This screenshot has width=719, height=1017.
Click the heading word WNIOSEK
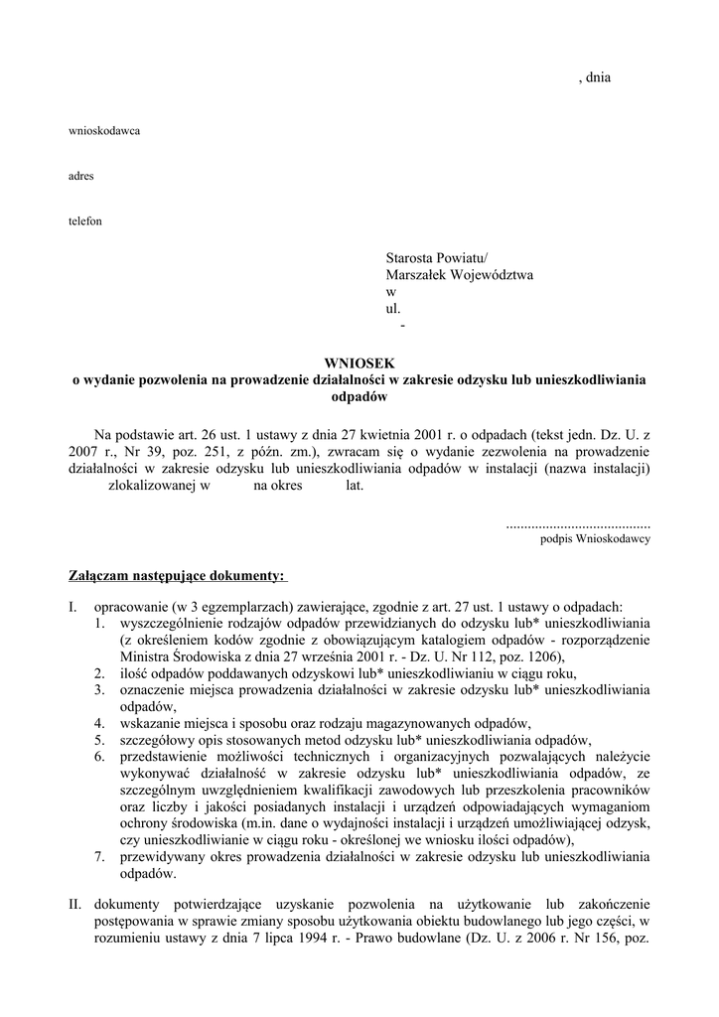coord(359,363)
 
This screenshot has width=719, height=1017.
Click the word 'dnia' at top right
coord(598,76)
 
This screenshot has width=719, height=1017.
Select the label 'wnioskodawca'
coord(103,131)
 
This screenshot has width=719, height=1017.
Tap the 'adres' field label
coord(80,176)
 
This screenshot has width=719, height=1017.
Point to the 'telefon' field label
coord(84,220)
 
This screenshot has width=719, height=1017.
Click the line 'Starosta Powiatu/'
coord(438,258)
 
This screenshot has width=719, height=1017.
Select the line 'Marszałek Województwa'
coord(460,275)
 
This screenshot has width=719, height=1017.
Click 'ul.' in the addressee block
coord(392,309)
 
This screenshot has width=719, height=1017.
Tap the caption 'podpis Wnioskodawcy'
coord(595,538)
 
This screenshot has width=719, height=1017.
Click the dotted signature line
coord(578,522)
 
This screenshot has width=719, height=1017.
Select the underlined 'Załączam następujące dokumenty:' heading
coord(177,576)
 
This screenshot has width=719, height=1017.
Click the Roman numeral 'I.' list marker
coord(73,606)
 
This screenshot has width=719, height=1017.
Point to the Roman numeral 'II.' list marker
coord(75,904)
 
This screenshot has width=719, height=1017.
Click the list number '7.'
coord(100,856)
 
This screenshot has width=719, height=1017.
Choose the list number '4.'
coord(100,722)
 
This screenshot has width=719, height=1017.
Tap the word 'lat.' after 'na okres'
coord(355,486)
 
